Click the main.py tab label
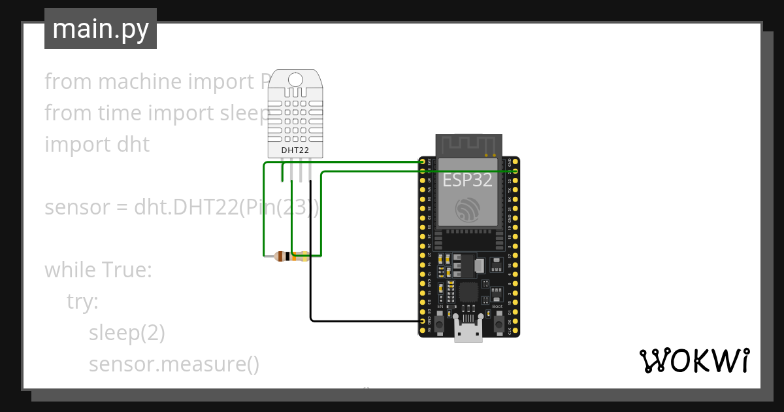click(100, 29)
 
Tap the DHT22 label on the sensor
click(295, 150)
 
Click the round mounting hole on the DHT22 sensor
click(295, 80)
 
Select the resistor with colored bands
click(291, 256)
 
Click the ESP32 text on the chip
click(468, 180)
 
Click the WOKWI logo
click(694, 360)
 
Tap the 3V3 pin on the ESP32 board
click(423, 161)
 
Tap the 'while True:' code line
click(98, 269)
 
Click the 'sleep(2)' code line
click(127, 333)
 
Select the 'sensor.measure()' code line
click(174, 364)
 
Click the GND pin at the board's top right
click(515, 161)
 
